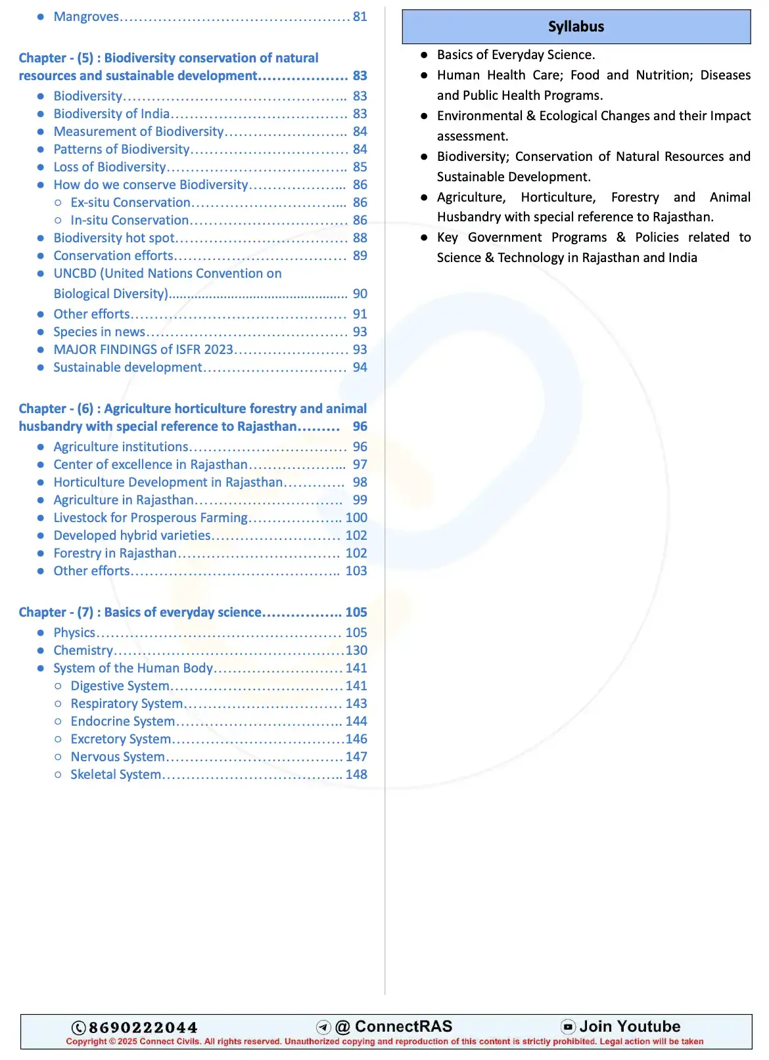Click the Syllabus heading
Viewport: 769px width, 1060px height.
tap(576, 27)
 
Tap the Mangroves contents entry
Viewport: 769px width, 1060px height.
tap(86, 16)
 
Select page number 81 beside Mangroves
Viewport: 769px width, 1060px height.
tap(360, 16)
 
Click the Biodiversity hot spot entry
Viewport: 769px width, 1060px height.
tap(114, 238)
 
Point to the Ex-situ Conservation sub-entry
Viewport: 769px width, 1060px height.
tap(130, 202)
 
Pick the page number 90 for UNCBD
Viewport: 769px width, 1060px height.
tap(360, 294)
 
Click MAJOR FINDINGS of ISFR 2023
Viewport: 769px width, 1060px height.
tap(143, 349)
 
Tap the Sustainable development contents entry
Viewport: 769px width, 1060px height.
tap(128, 367)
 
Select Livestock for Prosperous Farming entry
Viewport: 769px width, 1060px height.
tap(151, 518)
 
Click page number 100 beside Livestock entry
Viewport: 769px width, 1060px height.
tap(356, 518)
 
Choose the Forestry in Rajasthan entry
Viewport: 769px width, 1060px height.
tap(115, 553)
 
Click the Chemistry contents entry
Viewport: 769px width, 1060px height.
tap(83, 650)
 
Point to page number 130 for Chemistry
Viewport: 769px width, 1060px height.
tap(356, 650)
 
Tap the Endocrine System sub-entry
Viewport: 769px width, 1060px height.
tap(122, 721)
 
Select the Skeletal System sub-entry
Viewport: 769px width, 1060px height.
tap(116, 774)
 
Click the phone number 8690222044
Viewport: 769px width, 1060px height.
tap(143, 1027)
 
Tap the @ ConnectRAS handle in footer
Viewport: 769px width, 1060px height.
tap(394, 1027)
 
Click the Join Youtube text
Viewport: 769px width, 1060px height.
tap(630, 1027)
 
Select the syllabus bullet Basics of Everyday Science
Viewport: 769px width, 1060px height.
tap(516, 55)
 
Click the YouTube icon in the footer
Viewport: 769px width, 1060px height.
tap(568, 1027)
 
